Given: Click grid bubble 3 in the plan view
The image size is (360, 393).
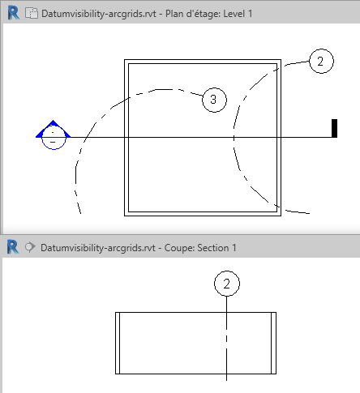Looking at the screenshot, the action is tap(214, 100).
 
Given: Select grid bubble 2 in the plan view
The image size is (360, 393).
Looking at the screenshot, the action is tap(321, 61).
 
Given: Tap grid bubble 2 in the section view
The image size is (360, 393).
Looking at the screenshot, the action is tap(227, 284).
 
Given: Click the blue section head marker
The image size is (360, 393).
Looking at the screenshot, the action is tap(54, 135).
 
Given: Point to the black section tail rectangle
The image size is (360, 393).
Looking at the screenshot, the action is tap(334, 128).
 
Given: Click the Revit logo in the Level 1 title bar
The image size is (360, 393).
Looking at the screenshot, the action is tap(14, 13).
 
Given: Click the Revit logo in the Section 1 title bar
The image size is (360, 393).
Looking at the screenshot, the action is tap(13, 247).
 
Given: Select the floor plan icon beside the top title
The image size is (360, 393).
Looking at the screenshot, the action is tap(32, 13).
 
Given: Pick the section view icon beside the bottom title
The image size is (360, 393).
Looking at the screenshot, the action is tap(30, 247).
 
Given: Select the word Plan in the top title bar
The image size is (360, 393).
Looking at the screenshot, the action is tap(174, 14).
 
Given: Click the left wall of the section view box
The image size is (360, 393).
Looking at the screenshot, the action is tap(118, 343).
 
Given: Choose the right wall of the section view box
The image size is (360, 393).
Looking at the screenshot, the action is tap(273, 343).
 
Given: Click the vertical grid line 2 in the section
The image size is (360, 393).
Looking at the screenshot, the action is tap(226, 339).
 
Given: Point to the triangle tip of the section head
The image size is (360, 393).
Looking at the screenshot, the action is tap(53, 120).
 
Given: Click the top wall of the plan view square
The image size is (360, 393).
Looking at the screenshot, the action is tap(203, 62).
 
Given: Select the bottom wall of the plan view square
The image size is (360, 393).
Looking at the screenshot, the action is tap(203, 214).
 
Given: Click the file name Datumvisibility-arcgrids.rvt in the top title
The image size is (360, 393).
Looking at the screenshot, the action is tap(99, 14).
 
